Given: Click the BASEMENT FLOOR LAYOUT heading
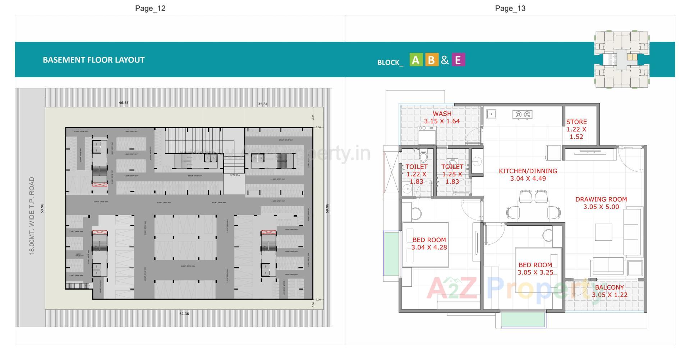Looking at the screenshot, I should [x=93, y=60].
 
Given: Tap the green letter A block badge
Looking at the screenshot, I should [x=416, y=60].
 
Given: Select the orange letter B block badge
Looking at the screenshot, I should [x=431, y=60].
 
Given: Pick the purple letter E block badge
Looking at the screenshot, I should [x=457, y=60].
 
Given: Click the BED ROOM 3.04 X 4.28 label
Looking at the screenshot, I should [x=429, y=244].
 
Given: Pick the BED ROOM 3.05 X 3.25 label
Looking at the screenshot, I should [x=535, y=269].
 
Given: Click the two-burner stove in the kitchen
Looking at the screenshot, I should [x=523, y=115].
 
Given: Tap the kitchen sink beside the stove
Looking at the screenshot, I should [x=491, y=114].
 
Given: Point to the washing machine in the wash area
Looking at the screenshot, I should [x=427, y=135].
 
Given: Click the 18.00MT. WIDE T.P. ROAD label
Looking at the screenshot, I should [x=32, y=216].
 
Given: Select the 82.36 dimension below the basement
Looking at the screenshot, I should [x=184, y=314].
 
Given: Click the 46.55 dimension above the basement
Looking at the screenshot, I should [x=124, y=103].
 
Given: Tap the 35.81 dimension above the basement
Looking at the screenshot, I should [x=263, y=104].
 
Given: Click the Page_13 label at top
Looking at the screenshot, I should [x=510, y=8].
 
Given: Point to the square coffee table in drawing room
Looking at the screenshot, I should [x=603, y=232].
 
